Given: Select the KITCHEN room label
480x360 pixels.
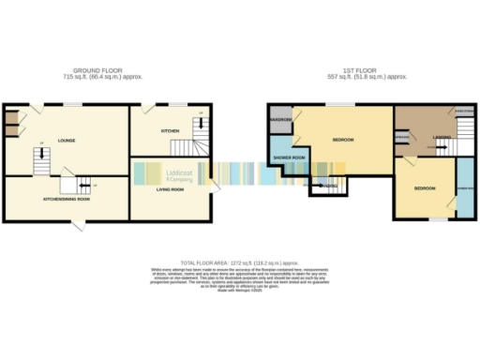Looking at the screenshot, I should click(169, 130).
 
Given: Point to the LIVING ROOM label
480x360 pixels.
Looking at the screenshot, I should click(170, 190).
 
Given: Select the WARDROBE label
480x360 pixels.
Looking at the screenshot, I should click(282, 120).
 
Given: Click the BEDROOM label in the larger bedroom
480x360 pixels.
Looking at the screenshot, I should click(343, 141).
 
